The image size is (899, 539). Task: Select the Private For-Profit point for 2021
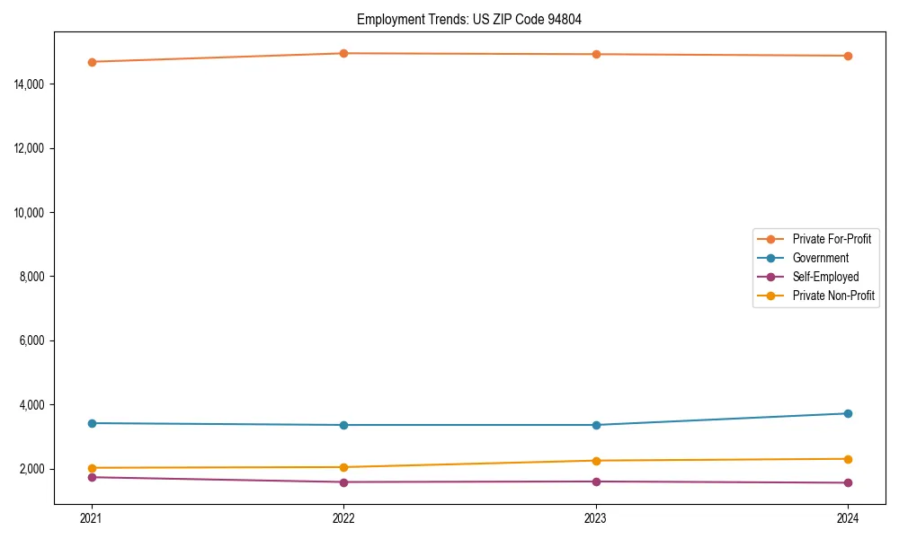[92, 62]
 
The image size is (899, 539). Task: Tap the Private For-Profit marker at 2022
[343, 53]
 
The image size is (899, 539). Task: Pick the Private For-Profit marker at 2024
[848, 56]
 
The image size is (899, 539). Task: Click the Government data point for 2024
[848, 413]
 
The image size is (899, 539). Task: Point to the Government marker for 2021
[92, 423]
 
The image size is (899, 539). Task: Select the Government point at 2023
[596, 425]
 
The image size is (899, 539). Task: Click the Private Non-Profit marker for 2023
[596, 461]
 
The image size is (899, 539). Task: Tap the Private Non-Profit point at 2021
[92, 468]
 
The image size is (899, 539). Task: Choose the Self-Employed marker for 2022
[343, 482]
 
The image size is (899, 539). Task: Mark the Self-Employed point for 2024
[848, 483]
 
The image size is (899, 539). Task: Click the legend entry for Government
[820, 258]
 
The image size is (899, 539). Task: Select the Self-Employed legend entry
[825, 277]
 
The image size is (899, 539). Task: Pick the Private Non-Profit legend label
[833, 296]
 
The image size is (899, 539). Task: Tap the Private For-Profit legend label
[832, 239]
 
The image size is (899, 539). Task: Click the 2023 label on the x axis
[596, 517]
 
